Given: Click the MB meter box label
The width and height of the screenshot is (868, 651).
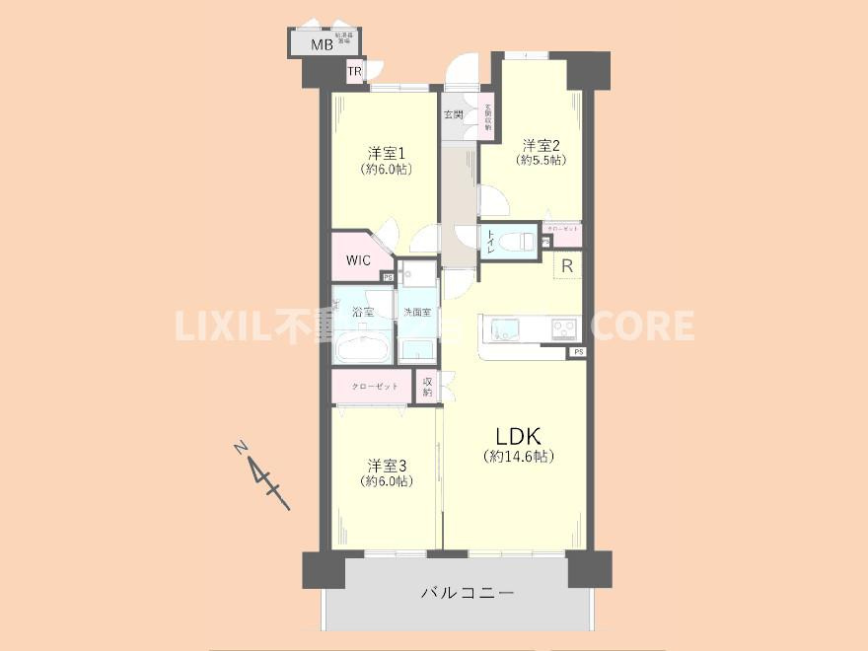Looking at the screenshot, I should pyautogui.click(x=322, y=45).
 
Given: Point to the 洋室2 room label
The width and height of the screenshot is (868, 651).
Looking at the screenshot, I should pyautogui.click(x=542, y=144).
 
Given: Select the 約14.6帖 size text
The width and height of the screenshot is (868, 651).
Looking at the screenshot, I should pyautogui.click(x=519, y=457).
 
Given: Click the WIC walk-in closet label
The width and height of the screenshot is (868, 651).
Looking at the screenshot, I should pyautogui.click(x=357, y=260).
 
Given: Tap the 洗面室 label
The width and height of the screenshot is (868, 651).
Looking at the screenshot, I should pyautogui.click(x=416, y=313).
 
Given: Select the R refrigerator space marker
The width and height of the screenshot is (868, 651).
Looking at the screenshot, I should pyautogui.click(x=567, y=265).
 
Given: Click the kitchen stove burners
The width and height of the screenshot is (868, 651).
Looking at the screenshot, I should pyautogui.click(x=563, y=328).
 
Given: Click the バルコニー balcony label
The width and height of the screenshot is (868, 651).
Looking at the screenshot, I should pyautogui.click(x=468, y=594).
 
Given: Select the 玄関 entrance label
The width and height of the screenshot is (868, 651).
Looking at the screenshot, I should pyautogui.click(x=454, y=114).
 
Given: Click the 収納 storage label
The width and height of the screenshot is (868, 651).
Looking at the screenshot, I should pyautogui.click(x=428, y=386).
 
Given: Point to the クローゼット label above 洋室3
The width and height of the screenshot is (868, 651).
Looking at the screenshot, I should pyautogui.click(x=375, y=386).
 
